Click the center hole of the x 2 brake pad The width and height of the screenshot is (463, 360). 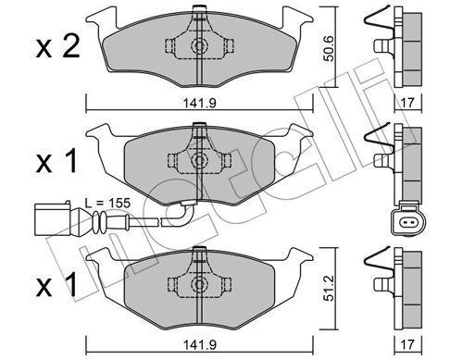197,48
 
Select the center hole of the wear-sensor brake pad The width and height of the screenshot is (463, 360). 197,159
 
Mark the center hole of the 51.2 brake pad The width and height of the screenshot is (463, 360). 197,281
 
